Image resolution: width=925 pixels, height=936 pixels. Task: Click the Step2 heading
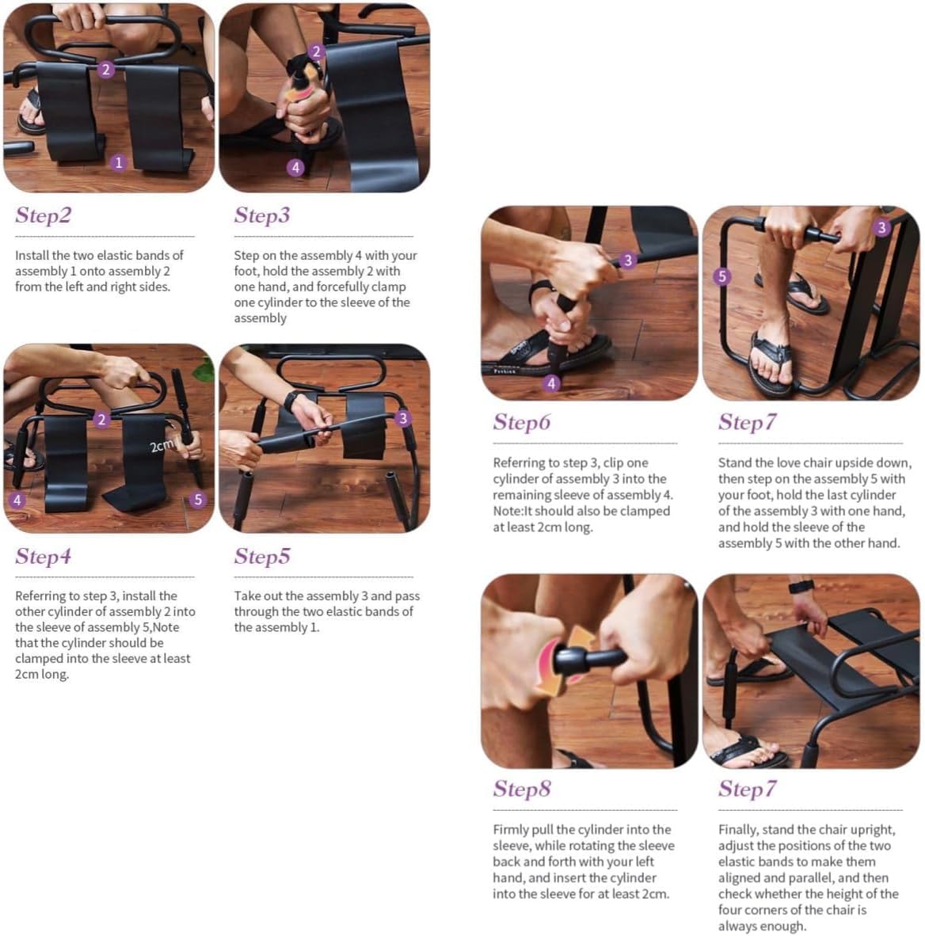(x=43, y=215)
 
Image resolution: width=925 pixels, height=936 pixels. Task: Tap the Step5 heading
(x=261, y=557)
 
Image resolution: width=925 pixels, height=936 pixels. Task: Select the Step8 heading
(x=521, y=789)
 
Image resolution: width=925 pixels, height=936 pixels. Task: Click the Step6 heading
(x=521, y=422)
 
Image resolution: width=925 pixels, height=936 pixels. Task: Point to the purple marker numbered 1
(x=119, y=162)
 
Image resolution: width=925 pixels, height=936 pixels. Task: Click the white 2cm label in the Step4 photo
(x=162, y=446)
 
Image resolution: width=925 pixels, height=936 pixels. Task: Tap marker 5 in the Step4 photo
(x=198, y=500)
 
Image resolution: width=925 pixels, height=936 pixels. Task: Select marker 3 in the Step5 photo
(x=403, y=419)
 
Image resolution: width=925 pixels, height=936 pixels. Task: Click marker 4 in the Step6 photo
(x=551, y=383)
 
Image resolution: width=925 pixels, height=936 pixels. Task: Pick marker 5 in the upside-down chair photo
(x=721, y=276)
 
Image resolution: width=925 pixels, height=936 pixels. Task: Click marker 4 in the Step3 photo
(x=295, y=167)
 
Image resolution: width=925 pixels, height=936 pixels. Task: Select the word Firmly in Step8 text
(x=512, y=829)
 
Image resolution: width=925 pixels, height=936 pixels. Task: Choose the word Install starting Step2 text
(x=32, y=255)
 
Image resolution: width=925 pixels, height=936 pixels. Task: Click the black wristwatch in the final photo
(x=801, y=587)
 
